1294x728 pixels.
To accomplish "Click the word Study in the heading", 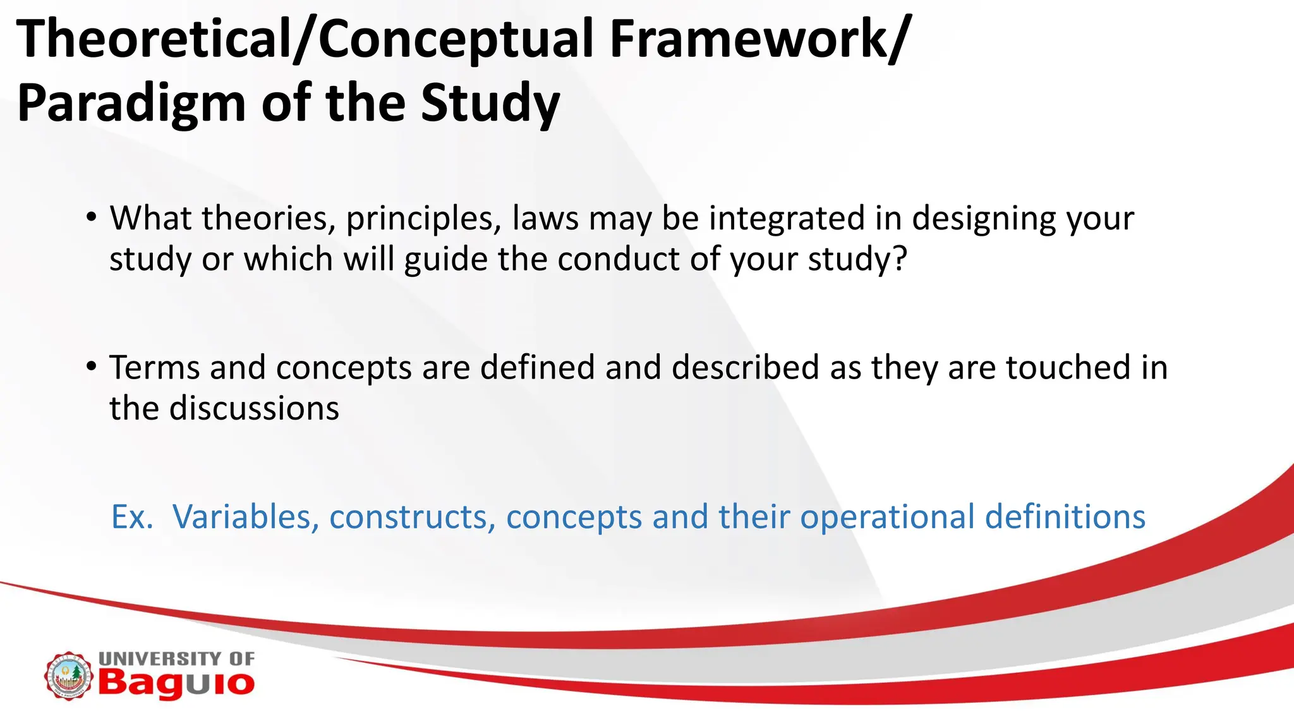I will [x=490, y=103].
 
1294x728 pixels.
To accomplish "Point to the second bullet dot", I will [x=92, y=367].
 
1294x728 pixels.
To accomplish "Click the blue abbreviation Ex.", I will [x=132, y=517].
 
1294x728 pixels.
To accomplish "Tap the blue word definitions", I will [x=1065, y=517].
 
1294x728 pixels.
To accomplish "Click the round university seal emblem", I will [x=68, y=676].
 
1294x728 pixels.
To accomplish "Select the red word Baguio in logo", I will [x=176, y=684].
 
